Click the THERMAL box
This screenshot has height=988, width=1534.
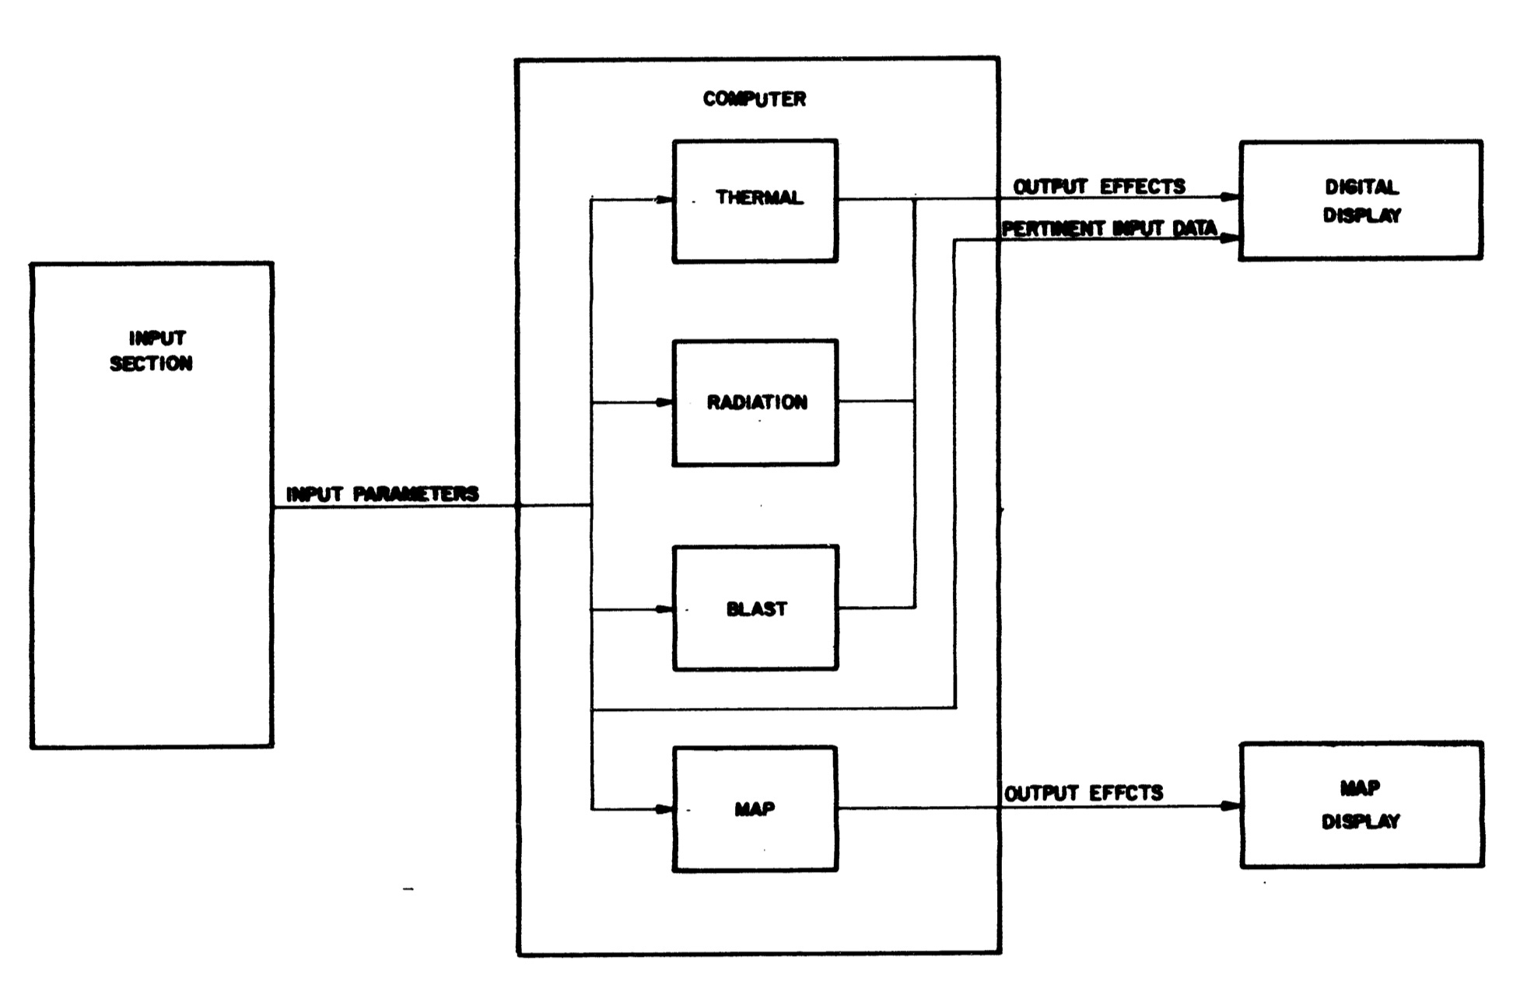coord(755,201)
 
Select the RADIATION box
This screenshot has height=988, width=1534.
coord(755,402)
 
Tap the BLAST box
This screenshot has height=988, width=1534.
coord(755,608)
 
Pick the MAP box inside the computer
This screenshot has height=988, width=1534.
coord(755,808)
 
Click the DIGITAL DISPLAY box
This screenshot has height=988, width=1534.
coord(1361,200)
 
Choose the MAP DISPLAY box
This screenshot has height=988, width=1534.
coord(1361,804)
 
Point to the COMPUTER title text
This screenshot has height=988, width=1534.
coord(755,99)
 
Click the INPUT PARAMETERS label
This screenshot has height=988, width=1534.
coord(383,494)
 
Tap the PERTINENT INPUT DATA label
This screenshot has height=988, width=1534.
coord(1109,229)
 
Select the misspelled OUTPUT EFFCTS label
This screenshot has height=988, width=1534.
coord(1084,793)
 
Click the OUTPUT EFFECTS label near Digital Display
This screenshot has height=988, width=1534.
coord(1098,187)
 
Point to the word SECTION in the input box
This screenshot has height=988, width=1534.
coord(151,363)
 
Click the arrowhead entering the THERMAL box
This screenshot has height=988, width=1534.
coord(664,200)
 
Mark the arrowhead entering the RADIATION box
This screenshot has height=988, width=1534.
coord(664,402)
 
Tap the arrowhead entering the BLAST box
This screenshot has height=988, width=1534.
coord(664,609)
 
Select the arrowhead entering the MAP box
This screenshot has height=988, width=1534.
coord(664,809)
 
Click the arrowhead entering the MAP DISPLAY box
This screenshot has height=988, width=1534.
coord(1231,806)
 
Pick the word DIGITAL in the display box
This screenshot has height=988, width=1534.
coord(1361,187)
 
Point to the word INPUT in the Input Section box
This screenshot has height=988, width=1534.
coord(157,338)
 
